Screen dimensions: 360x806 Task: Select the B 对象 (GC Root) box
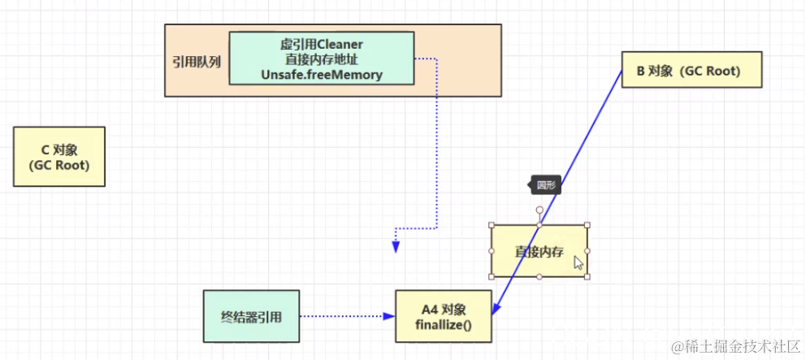coord(692,70)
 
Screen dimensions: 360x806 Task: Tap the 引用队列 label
coord(196,61)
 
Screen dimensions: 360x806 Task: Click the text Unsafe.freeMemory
coord(322,74)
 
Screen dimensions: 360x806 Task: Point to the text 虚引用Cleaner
coord(322,44)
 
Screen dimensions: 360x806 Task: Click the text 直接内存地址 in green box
coord(322,59)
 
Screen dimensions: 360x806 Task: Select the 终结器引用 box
coord(251,316)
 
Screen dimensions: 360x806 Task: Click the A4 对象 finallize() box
coord(444,317)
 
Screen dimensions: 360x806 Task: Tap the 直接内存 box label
coord(539,251)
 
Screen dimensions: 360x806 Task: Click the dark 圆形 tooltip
coord(545,184)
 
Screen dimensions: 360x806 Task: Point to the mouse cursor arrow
coord(578,262)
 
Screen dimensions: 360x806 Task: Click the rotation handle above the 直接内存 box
coord(539,210)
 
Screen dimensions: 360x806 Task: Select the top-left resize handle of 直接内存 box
coord(492,225)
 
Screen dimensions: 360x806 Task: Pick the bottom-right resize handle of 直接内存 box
coord(587,277)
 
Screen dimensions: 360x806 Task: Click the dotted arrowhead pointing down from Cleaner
coord(396,247)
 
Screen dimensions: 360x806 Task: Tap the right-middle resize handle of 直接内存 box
coord(587,251)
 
